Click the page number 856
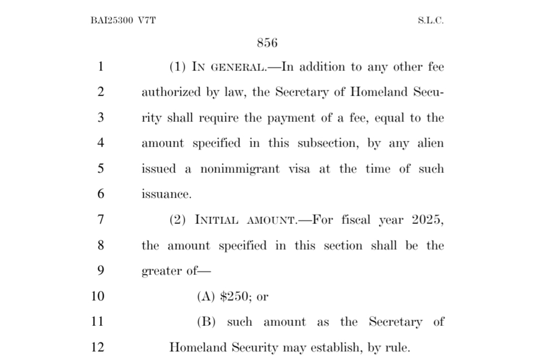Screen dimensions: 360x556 click(267, 43)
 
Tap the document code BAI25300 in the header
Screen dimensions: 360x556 click(112, 21)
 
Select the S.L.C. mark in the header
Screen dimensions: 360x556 click(430, 21)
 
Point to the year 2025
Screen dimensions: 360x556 click(428, 220)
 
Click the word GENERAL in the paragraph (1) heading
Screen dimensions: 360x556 click(235, 67)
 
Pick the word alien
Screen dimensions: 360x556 click(430, 143)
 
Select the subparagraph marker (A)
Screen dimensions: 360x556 click(206, 296)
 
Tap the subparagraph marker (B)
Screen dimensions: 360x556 click(206, 322)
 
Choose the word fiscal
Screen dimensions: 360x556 click(356, 220)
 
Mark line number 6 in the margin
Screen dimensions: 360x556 click(100, 194)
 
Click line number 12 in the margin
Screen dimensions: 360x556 click(97, 347)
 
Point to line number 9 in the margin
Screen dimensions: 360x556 click(100, 271)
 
